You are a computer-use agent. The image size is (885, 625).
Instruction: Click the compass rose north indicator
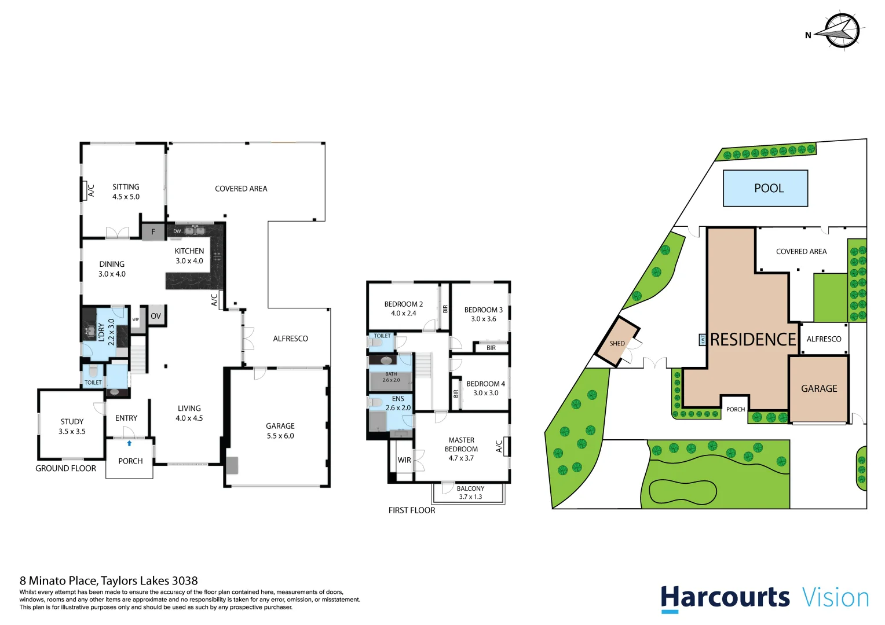click(x=841, y=31)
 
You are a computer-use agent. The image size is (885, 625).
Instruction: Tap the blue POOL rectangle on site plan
click(x=765, y=188)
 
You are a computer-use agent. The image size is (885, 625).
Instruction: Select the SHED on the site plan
click(x=617, y=343)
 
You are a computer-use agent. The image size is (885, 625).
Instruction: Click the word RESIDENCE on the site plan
click(x=752, y=340)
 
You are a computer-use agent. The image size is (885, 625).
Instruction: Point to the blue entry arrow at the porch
click(x=129, y=443)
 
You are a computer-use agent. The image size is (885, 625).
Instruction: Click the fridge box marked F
click(x=153, y=231)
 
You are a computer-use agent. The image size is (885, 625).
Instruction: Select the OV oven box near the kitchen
click(x=156, y=316)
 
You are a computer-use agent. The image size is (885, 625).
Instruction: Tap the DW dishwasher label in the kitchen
click(x=177, y=231)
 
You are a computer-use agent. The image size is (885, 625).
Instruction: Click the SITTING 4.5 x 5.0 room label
click(x=126, y=192)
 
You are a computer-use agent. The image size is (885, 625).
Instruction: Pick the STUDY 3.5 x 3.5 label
click(x=72, y=427)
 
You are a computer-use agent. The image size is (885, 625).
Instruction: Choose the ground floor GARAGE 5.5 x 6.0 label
click(x=280, y=431)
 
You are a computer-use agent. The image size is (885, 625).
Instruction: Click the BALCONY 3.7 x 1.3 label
click(x=470, y=492)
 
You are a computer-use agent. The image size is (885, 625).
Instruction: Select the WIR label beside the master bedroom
click(x=404, y=460)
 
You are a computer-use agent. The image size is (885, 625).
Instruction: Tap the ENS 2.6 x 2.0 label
click(x=398, y=403)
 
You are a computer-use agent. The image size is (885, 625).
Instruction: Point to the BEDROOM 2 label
click(x=404, y=308)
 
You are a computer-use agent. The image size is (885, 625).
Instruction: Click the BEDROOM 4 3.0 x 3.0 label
click(x=485, y=388)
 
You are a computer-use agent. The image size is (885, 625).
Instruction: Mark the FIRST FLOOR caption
click(x=412, y=510)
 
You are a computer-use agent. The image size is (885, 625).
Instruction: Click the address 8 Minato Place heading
click(x=109, y=580)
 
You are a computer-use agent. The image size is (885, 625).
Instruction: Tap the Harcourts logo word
click(x=725, y=597)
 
